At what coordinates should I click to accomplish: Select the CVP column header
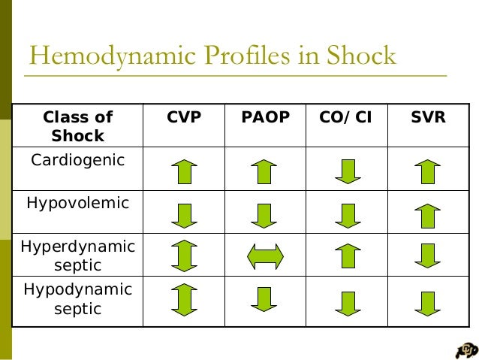[184, 118]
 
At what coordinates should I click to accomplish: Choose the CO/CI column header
[347, 118]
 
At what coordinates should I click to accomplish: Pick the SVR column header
[428, 118]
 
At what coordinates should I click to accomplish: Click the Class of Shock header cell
[78, 126]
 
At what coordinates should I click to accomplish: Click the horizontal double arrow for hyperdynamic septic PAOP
[265, 256]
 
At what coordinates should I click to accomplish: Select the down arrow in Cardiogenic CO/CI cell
[348, 171]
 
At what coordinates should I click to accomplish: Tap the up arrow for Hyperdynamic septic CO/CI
[348, 256]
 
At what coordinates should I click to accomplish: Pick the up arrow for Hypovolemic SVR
[427, 215]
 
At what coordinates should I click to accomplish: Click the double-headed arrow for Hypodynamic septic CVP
[184, 299]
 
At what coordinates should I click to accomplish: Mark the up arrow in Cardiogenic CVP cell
[184, 171]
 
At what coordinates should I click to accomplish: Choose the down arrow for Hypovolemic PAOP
[264, 215]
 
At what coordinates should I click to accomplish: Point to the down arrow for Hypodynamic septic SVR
[427, 303]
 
